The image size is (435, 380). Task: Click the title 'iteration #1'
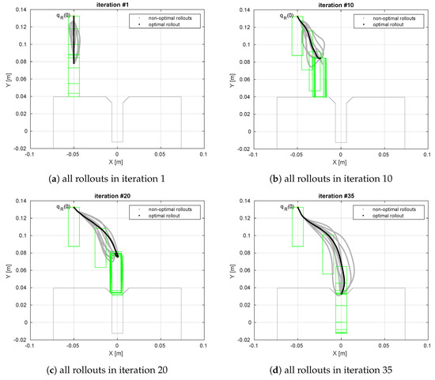pyautogui.click(x=117, y=5)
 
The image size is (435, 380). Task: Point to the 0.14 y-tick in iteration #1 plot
pyautogui.click(x=21, y=10)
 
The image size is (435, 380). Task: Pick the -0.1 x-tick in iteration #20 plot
pyautogui.click(x=30, y=346)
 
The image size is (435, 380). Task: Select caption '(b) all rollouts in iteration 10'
pyautogui.click(x=330, y=179)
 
